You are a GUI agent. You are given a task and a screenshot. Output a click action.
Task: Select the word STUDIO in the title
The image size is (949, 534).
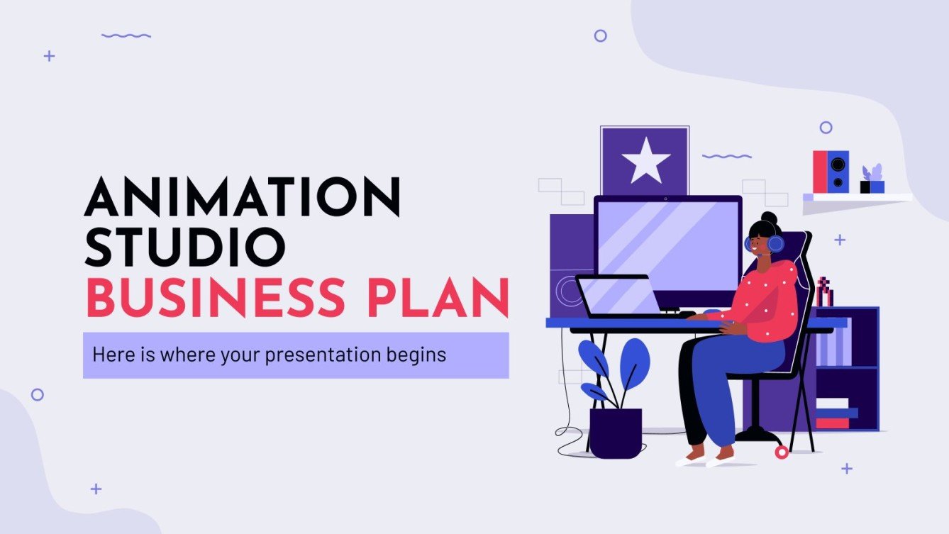(x=185, y=245)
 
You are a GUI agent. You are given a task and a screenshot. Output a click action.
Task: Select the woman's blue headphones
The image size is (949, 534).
(x=775, y=243)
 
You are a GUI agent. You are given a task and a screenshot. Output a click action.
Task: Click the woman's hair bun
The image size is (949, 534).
(x=769, y=218)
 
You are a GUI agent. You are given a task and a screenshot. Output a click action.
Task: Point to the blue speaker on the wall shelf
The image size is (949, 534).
(x=838, y=171)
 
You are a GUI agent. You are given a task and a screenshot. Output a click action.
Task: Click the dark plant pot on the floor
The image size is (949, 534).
(x=616, y=433)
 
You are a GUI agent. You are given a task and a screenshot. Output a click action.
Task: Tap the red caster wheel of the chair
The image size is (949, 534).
(x=782, y=451)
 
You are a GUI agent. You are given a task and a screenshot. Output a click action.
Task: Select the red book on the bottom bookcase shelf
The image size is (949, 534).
(x=832, y=423)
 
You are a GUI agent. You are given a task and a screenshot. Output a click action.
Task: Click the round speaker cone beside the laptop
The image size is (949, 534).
(x=568, y=290)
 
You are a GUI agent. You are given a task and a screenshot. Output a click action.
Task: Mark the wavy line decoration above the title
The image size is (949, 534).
(x=126, y=35)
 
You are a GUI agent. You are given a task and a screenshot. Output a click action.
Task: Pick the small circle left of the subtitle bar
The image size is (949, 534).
(x=38, y=394)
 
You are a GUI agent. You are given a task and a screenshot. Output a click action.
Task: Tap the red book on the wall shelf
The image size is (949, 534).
(x=820, y=171)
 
